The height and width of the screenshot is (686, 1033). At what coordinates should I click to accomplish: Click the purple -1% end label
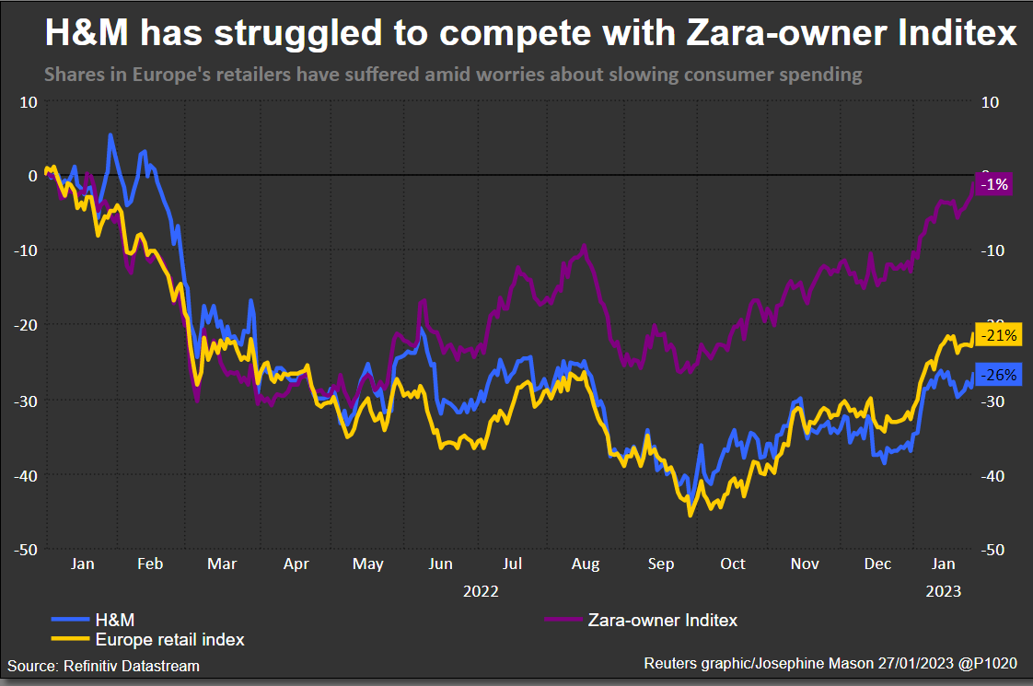pos(994,184)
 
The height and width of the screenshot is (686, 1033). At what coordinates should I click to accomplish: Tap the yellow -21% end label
pos(997,336)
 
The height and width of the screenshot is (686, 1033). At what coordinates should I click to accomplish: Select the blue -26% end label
pos(997,375)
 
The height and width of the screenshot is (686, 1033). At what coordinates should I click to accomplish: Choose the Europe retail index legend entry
pos(169,638)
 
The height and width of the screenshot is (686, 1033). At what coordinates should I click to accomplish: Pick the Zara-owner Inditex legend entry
pos(662,620)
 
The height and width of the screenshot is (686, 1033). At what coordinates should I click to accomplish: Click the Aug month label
pos(586,564)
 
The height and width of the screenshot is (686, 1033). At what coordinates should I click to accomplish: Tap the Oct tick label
pos(733,564)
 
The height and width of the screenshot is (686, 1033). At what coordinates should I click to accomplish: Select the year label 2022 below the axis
pos(481,591)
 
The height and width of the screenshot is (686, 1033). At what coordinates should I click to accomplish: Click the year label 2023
pos(943,591)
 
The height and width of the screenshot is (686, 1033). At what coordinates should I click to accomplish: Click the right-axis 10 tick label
pos(991,101)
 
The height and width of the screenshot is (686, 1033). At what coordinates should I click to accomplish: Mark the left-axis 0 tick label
pos(32,175)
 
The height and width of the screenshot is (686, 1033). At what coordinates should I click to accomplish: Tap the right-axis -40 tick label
pos(991,475)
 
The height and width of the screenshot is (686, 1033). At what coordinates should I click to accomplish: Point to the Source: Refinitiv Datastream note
pos(103,665)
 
